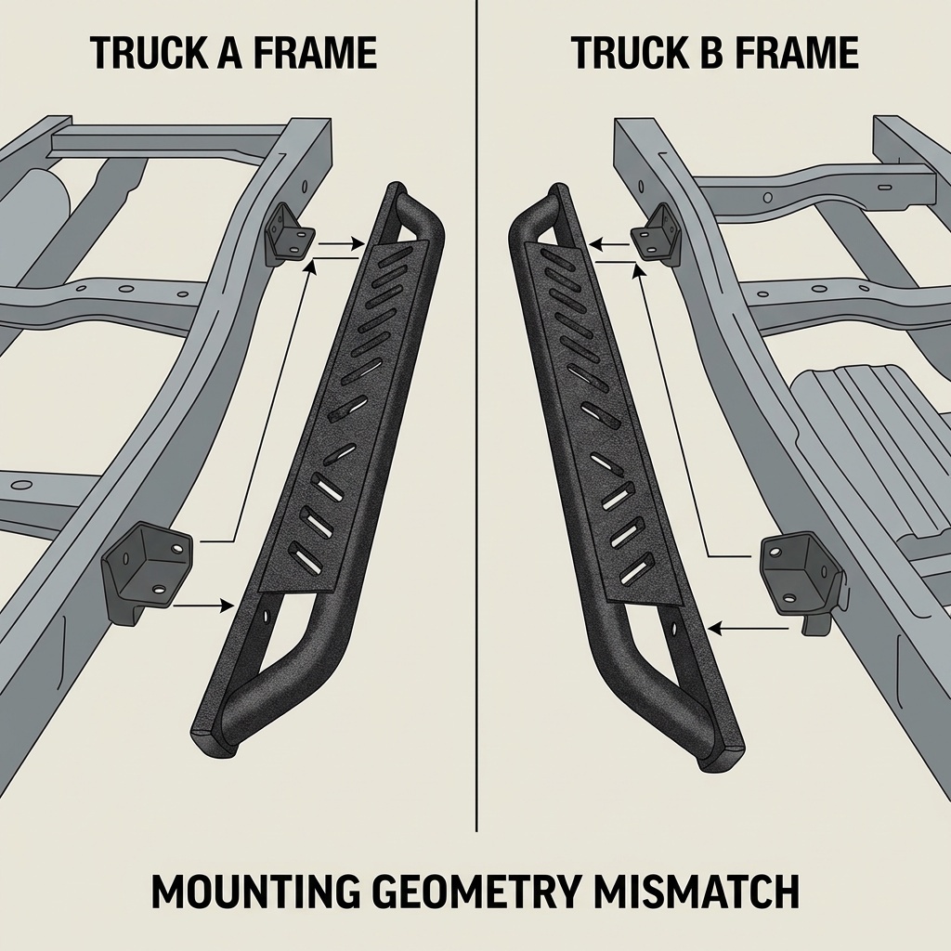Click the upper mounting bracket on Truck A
coord(288,233)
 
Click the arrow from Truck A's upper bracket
coord(340,245)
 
